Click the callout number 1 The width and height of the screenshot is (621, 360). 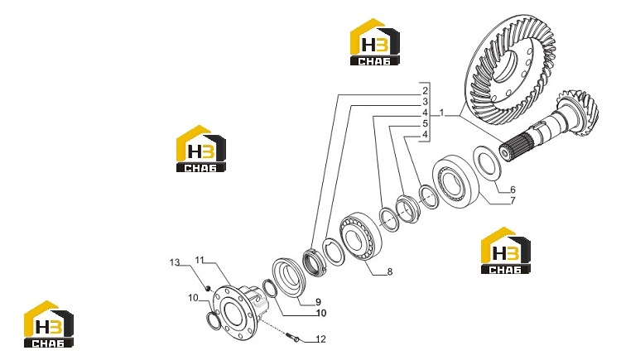point(441,114)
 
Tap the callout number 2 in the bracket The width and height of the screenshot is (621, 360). point(425,91)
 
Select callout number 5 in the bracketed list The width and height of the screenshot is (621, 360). point(425,123)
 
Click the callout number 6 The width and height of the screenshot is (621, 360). point(513,190)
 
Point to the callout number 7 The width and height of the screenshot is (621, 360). point(513,201)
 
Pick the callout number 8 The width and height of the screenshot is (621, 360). point(390,271)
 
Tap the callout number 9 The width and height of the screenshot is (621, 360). point(318,302)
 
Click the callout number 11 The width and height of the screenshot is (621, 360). point(200,260)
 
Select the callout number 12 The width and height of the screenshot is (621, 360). point(320,339)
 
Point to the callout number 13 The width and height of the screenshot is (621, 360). point(175,262)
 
